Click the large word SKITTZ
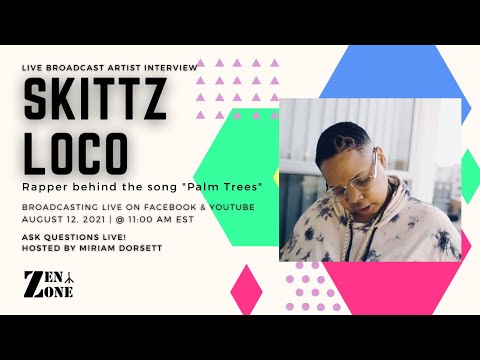point(96,101)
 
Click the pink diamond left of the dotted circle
point(245,290)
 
